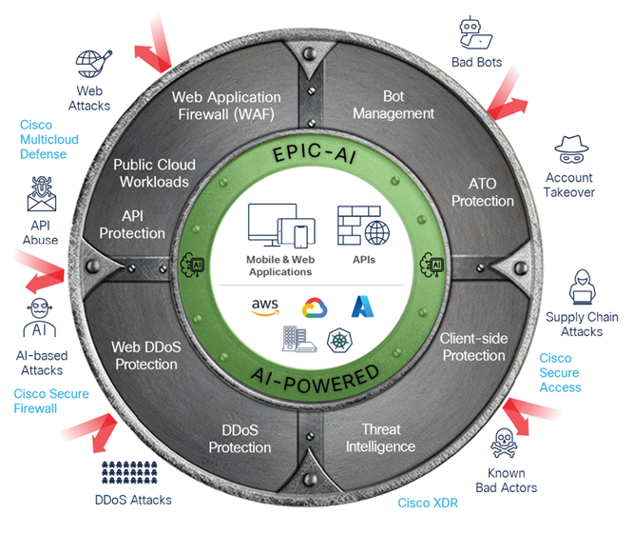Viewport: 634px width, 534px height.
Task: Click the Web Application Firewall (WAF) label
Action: (x=226, y=106)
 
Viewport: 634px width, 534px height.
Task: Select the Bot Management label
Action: (x=408, y=106)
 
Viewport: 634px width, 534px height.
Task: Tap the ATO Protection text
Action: (x=482, y=192)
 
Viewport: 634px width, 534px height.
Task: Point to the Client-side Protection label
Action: (x=472, y=346)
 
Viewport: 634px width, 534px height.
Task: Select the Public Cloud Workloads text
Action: (x=151, y=173)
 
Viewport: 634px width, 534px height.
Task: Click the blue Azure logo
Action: (x=364, y=306)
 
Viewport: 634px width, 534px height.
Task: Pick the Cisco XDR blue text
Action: (x=427, y=502)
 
